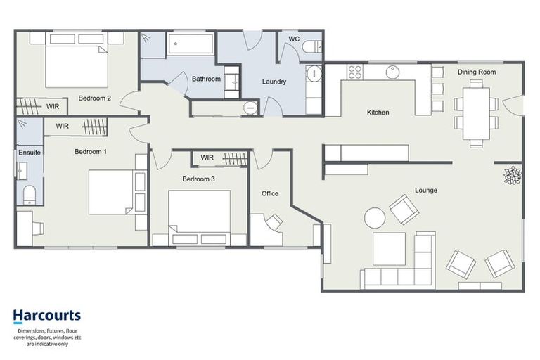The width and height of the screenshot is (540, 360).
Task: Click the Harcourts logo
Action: (x=46, y=316)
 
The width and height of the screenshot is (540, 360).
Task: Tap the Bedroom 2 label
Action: (x=95, y=98)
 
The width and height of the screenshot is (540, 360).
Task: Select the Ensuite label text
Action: (x=30, y=152)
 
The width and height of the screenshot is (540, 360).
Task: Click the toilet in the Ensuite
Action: (x=30, y=193)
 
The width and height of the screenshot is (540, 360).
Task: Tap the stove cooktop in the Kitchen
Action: (x=354, y=72)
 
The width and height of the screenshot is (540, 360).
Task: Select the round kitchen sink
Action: (x=392, y=72)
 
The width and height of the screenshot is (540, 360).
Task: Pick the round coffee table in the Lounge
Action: (x=375, y=218)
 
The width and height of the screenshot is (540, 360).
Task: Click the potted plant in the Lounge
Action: (x=511, y=175)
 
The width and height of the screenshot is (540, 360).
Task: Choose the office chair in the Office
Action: (x=273, y=223)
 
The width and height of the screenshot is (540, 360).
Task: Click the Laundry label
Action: (x=274, y=82)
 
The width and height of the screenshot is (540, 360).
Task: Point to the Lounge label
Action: (x=426, y=190)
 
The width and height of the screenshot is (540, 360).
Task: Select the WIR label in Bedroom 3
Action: (x=207, y=157)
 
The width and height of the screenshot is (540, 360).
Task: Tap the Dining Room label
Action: (x=477, y=72)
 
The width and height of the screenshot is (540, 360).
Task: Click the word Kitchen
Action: (x=378, y=112)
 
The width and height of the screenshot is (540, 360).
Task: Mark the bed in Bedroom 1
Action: (x=112, y=192)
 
